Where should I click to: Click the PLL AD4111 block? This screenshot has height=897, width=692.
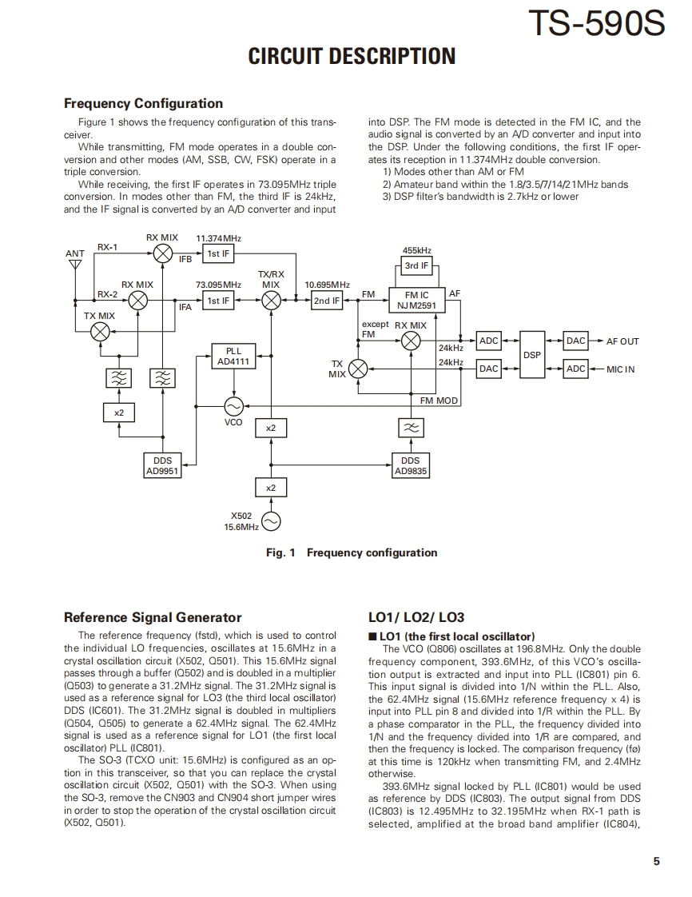[x=233, y=357]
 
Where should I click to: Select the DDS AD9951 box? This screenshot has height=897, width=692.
[x=162, y=466]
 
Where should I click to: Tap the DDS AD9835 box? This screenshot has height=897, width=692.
[x=411, y=466]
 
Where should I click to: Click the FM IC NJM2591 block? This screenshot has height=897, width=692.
[x=416, y=300]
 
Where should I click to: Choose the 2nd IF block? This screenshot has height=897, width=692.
[x=326, y=301]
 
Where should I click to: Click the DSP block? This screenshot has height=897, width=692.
[x=532, y=354]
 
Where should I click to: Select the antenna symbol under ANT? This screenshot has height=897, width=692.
[x=75, y=265]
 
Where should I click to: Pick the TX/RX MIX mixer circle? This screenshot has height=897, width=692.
[x=271, y=301]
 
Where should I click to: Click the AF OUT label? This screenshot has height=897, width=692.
[x=622, y=341]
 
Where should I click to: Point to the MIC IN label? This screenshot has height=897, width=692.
[x=621, y=369]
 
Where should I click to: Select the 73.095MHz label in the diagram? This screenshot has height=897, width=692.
[x=218, y=285]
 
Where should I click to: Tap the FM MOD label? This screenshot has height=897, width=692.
[x=439, y=401]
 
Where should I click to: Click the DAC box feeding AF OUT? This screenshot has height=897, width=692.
[x=575, y=341]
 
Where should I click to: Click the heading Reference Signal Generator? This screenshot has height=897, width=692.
[x=152, y=617]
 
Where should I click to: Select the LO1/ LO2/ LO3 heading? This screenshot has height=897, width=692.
[x=416, y=617]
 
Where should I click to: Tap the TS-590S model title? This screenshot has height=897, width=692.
[x=596, y=24]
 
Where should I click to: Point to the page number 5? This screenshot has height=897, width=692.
[x=656, y=861]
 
